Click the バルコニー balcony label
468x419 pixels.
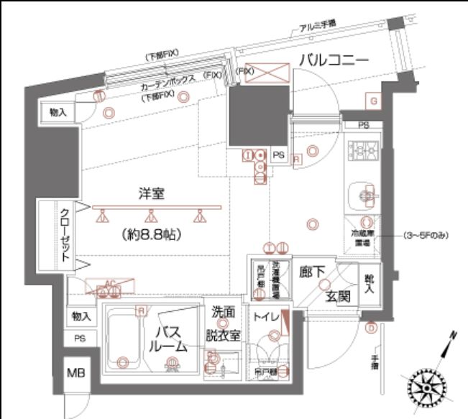(334, 60)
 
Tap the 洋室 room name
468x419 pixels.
(152, 193)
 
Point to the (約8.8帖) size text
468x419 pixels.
(151, 234)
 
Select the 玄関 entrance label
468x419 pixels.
(336, 295)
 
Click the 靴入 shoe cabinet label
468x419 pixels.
(370, 285)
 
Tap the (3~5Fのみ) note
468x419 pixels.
(427, 235)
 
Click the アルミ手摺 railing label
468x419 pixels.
(317, 27)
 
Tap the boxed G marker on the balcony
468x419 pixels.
(374, 100)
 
